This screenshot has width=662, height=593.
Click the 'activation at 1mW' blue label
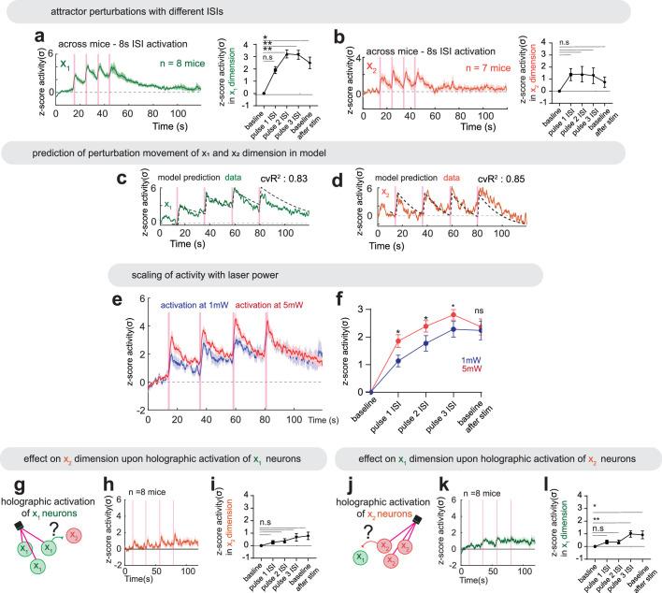click(198, 304)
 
